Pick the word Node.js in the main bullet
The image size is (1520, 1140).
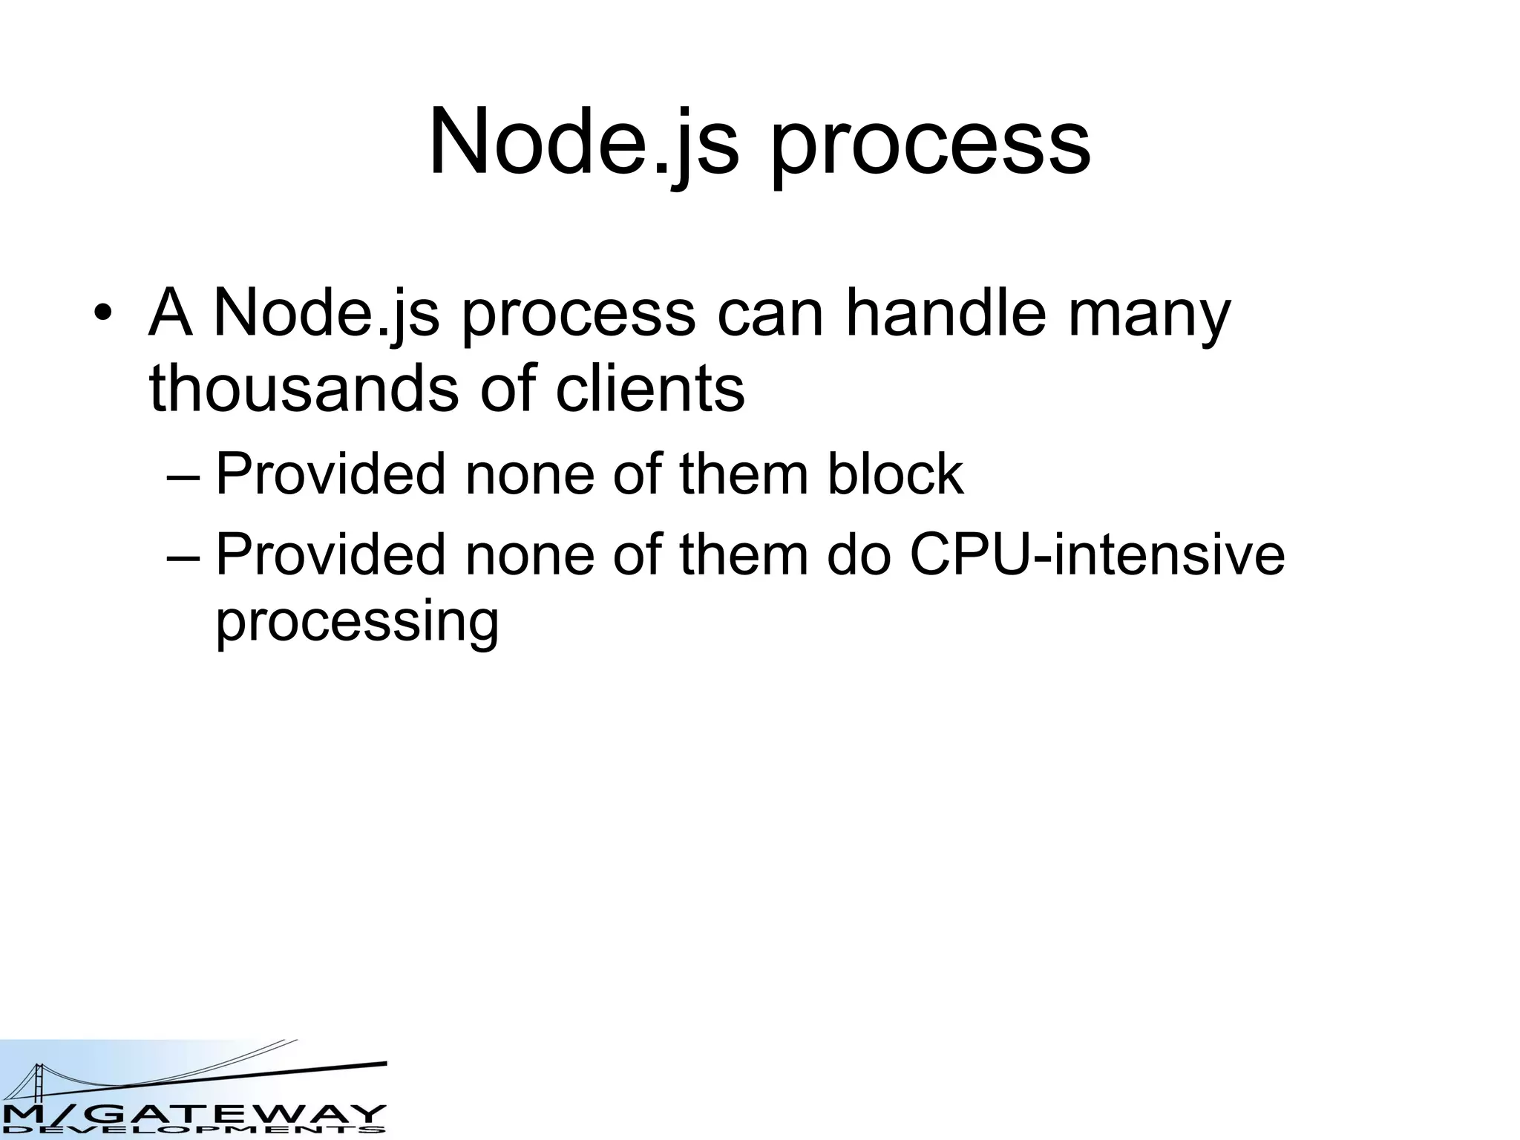(327, 314)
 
